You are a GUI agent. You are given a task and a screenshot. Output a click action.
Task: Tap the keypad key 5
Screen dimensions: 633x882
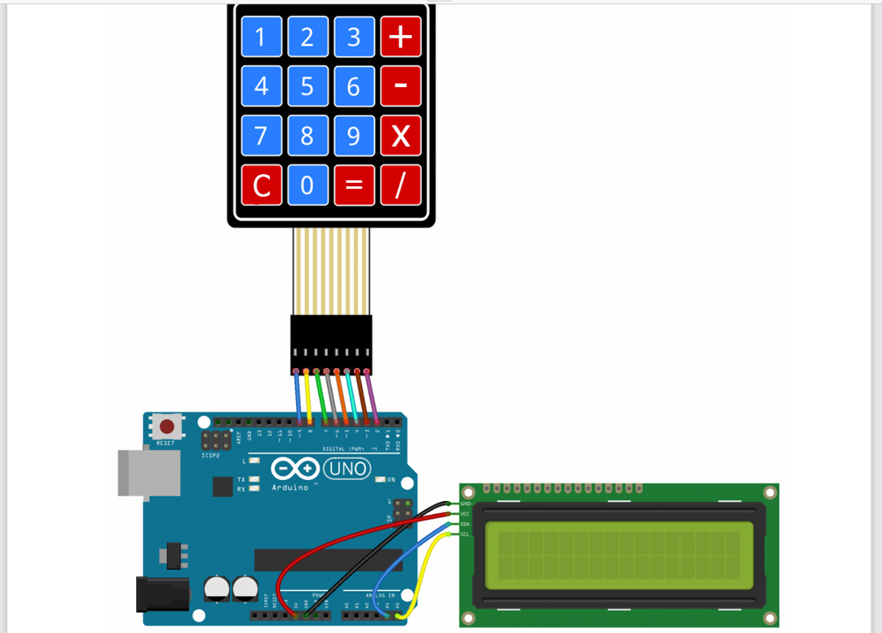(307, 86)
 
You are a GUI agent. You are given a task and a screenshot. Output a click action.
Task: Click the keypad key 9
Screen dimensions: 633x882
(354, 136)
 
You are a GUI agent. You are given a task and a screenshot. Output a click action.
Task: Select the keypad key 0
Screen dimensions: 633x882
(307, 186)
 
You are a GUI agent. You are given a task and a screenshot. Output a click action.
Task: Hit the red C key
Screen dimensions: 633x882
(261, 186)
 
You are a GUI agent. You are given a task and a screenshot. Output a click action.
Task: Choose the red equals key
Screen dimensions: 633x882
(354, 186)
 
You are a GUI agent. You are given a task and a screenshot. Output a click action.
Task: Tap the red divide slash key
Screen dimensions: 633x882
(401, 186)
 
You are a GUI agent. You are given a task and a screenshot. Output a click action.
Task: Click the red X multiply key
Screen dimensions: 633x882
(401, 136)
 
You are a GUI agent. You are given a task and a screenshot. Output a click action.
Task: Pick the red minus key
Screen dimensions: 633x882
(401, 86)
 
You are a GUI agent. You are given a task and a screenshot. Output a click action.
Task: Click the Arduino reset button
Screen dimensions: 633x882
(166, 427)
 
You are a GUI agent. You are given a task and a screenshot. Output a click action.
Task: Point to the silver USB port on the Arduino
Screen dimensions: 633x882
(141, 475)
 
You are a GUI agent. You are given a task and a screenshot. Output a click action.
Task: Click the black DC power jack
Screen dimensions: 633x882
(162, 594)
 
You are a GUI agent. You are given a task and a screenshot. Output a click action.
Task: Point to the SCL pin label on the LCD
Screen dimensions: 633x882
(466, 535)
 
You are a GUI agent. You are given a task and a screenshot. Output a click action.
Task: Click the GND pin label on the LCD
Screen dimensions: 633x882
(466, 504)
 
